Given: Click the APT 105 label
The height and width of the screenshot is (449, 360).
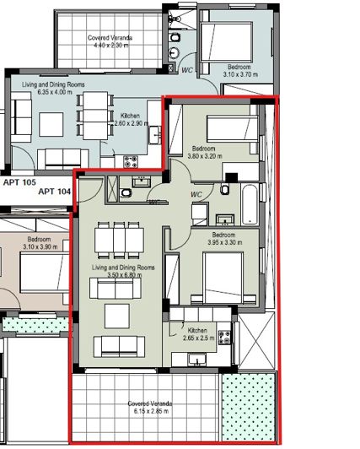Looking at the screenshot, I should point(21,182).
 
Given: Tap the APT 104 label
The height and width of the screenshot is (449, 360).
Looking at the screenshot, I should point(56,192).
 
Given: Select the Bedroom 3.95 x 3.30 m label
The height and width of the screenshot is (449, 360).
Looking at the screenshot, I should point(223,239).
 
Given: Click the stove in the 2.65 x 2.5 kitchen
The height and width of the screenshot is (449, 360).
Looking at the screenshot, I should point(224,338).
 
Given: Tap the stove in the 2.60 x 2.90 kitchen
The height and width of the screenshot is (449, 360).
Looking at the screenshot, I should point(131,160).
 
